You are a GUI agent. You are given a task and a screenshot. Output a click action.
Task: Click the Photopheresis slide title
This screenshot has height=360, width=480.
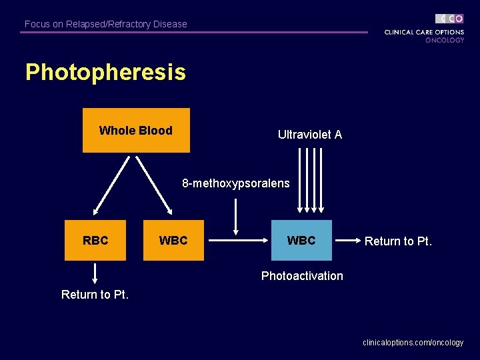pyautogui.click(x=105, y=72)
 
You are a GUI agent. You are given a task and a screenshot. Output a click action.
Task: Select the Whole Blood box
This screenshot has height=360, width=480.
pyautogui.click(x=136, y=131)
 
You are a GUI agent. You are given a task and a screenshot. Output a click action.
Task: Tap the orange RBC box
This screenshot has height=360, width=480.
pyautogui.click(x=95, y=240)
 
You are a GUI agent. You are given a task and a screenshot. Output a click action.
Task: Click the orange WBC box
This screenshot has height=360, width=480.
pyautogui.click(x=173, y=240)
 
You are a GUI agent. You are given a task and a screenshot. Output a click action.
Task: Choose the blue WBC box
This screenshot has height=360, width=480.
pyautogui.click(x=301, y=240)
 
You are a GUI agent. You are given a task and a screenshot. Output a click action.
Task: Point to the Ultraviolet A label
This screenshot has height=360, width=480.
pyautogui.click(x=309, y=135)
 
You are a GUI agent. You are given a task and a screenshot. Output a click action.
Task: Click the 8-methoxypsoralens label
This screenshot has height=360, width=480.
pyautogui.click(x=236, y=183)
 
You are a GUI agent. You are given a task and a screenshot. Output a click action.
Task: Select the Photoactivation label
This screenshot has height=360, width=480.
pyautogui.click(x=302, y=276)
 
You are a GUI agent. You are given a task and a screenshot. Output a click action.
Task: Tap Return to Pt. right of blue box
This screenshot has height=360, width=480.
pyautogui.click(x=398, y=241)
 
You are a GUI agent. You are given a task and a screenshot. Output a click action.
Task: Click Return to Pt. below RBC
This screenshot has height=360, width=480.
pyautogui.click(x=95, y=294)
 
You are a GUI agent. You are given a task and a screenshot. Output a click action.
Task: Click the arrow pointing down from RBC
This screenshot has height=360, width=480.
pyautogui.click(x=95, y=273)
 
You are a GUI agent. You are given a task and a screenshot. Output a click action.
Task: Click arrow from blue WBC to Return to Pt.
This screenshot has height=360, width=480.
pyautogui.click(x=347, y=240)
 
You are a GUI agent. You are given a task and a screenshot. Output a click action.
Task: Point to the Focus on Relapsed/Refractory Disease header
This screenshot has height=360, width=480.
pyautogui.click(x=106, y=24)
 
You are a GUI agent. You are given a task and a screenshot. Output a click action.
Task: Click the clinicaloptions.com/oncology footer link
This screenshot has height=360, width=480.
pyautogui.click(x=413, y=343)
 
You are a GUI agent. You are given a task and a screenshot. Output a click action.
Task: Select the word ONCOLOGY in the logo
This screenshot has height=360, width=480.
pyautogui.click(x=445, y=40)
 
